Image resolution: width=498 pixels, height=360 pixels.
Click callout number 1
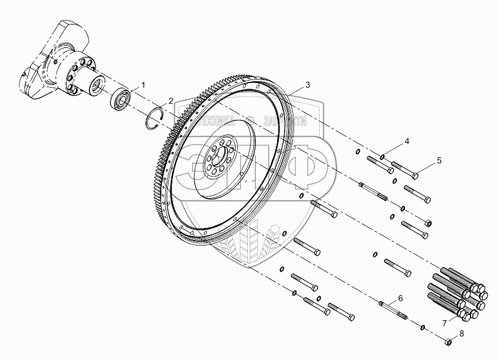[144, 85]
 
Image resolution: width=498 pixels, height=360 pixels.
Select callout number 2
[171, 101]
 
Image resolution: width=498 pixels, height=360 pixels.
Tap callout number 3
[307, 85]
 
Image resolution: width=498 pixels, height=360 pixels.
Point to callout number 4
[407, 141]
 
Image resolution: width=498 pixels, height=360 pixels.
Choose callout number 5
[439, 159]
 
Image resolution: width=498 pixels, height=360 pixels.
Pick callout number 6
[400, 298]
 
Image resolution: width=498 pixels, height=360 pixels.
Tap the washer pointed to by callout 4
[382, 156]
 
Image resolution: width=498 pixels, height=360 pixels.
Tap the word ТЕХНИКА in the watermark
[217, 123]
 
